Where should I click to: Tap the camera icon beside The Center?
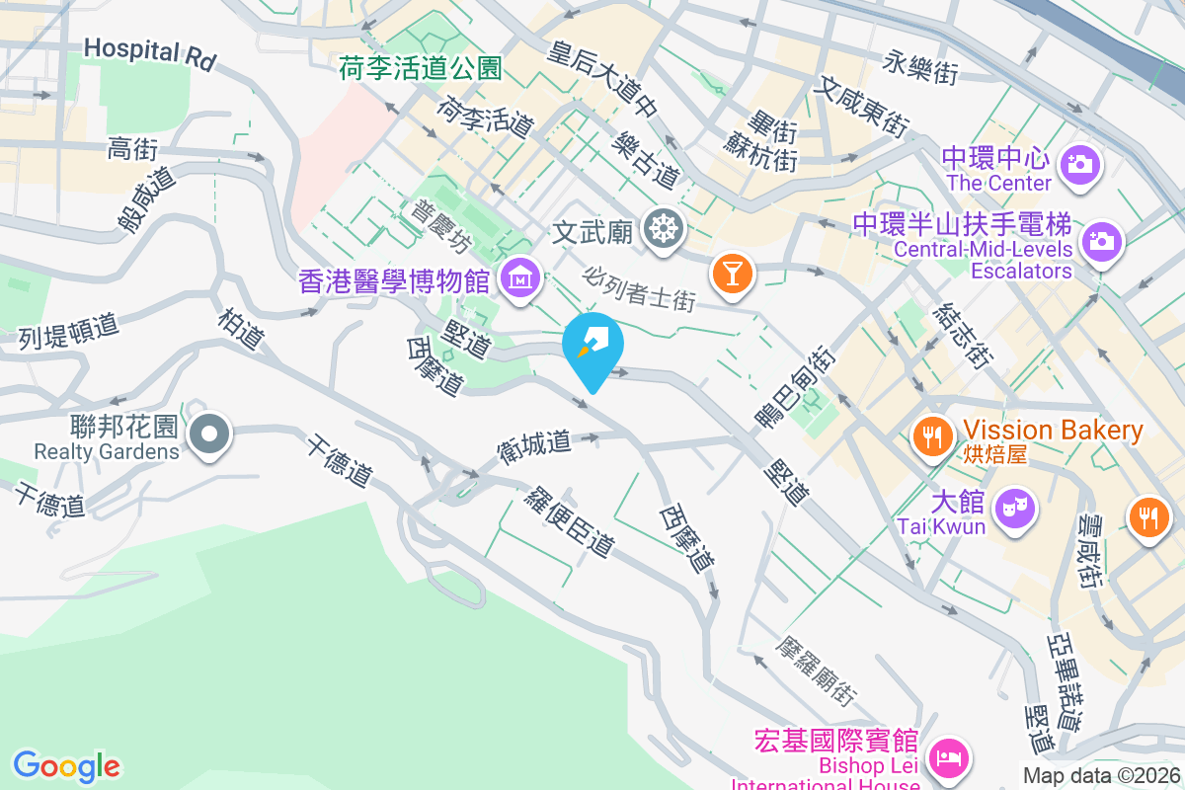tap(1081, 163)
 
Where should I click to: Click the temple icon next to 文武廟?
tap(664, 230)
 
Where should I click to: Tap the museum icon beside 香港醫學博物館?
tap(520, 279)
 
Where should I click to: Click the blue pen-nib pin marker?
tap(592, 346)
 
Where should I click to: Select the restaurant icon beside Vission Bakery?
tap(932, 434)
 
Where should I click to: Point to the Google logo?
tap(66, 766)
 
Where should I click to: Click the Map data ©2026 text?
tap(1101, 775)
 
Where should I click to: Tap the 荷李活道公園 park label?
tap(421, 68)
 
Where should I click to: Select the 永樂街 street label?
tap(921, 67)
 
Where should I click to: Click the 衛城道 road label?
tap(534, 446)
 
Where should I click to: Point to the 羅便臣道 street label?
tap(571, 521)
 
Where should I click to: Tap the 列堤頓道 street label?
tap(69, 331)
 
